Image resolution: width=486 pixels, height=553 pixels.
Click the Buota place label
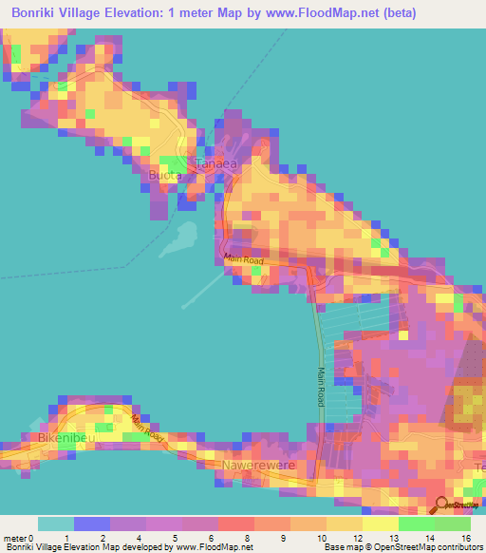click(164, 176)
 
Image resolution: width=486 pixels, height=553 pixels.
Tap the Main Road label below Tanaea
click(243, 259)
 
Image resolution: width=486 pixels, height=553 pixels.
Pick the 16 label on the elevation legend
click(465, 537)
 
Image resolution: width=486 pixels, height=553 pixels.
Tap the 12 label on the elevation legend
click(357, 537)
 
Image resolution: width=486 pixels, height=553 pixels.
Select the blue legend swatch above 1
click(92, 524)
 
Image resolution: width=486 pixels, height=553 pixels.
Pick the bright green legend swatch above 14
click(417, 524)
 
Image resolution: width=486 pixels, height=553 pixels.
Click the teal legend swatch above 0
click(56, 524)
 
